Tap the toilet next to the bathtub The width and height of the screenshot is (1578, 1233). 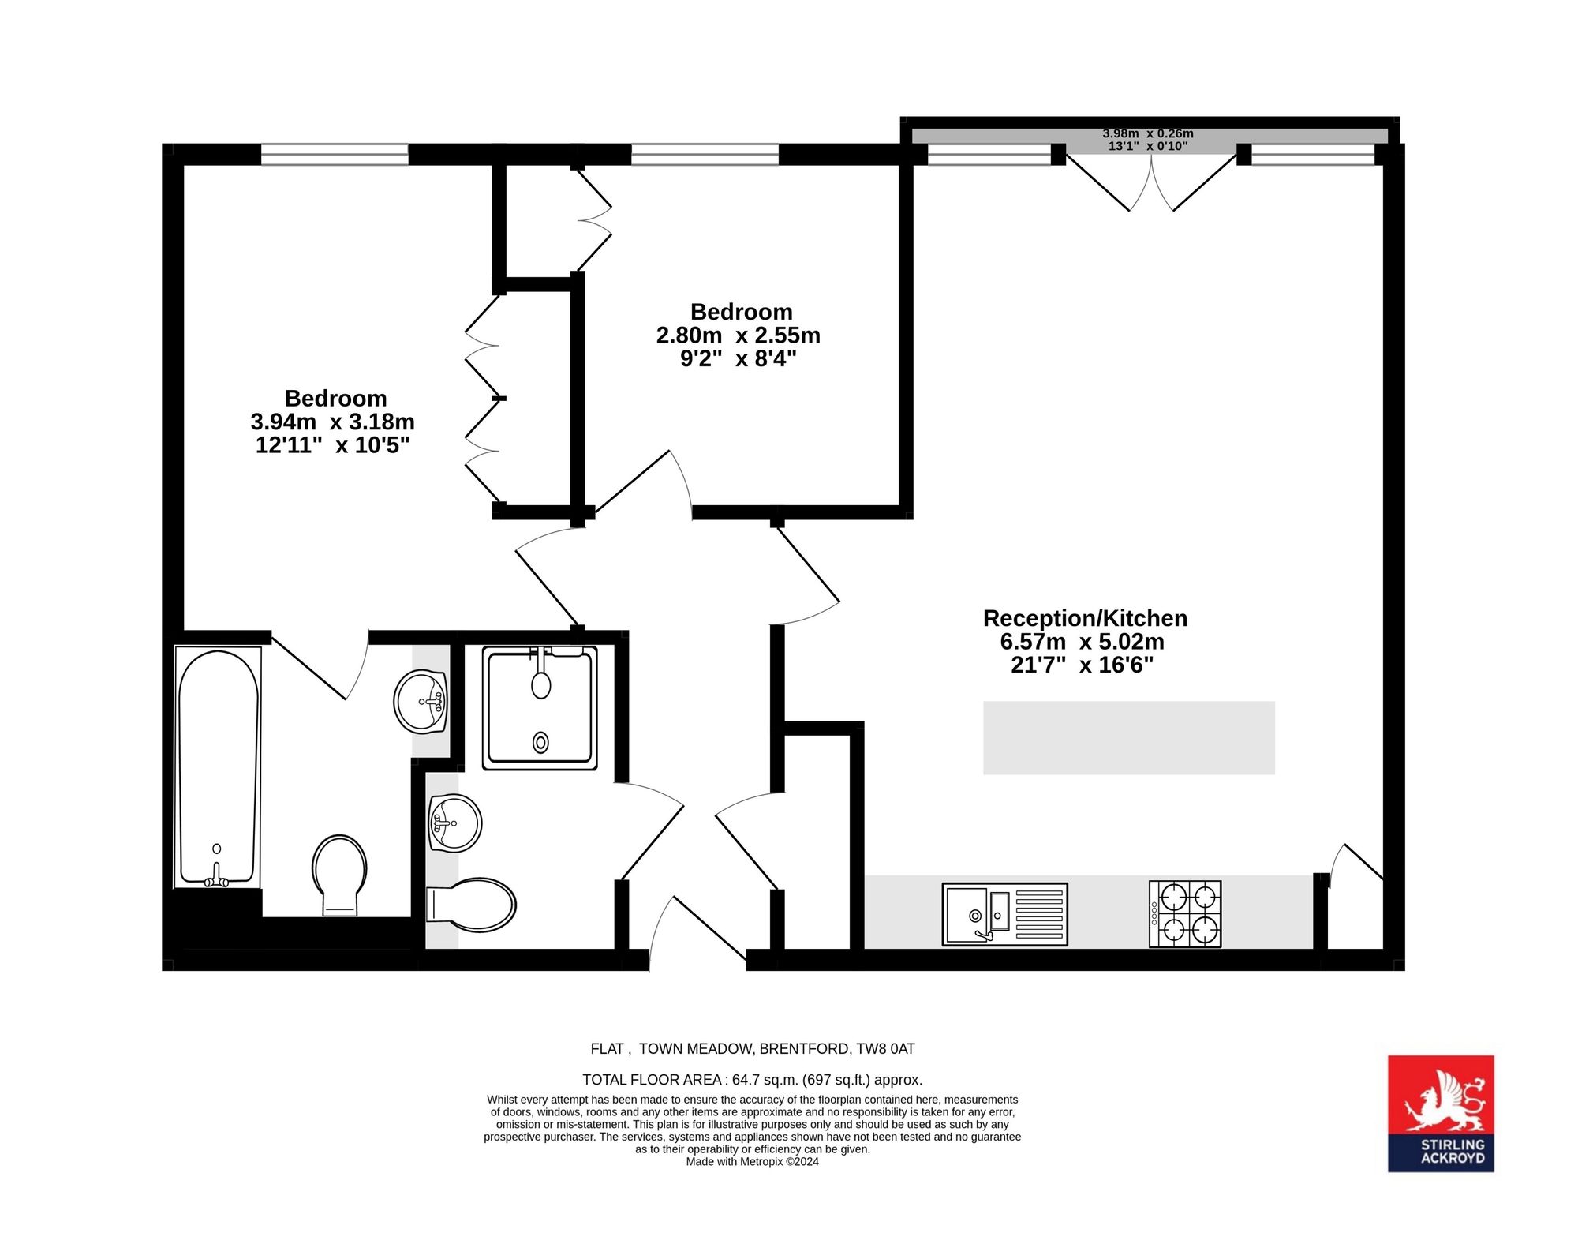(340, 875)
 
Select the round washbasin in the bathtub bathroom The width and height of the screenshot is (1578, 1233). (421, 701)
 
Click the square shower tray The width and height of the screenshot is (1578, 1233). (540, 708)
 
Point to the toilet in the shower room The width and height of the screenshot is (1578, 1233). (471, 905)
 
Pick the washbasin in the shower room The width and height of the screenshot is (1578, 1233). (454, 823)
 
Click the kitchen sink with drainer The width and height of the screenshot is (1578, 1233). (1004, 914)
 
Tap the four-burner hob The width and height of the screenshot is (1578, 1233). (1185, 913)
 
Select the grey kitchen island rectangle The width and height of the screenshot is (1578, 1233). (1128, 737)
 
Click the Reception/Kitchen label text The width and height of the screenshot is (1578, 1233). (1085, 618)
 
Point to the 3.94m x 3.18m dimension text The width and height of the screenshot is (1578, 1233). (332, 422)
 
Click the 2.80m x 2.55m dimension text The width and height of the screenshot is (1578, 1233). (739, 335)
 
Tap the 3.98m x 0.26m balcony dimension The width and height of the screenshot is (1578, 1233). (1148, 133)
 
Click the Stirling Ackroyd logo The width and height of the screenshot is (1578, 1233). (1441, 1113)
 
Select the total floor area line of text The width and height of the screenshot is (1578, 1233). (752, 1080)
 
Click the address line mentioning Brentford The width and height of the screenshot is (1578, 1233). (753, 1049)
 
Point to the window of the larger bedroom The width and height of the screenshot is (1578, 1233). (335, 154)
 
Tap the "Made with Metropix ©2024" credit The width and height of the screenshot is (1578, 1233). (753, 1162)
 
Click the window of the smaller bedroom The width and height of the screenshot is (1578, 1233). (705, 154)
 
